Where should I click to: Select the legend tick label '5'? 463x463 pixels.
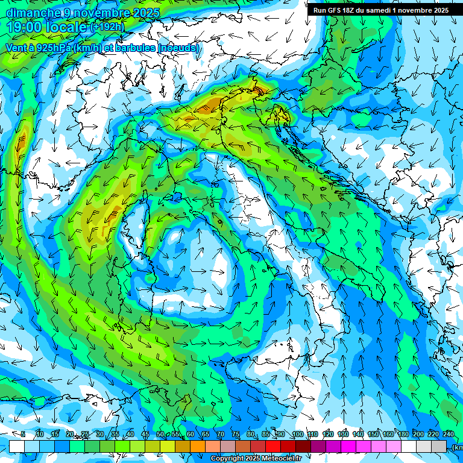[23, 434]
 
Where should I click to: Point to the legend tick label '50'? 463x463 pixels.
[160, 434]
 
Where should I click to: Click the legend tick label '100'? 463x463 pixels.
[297, 434]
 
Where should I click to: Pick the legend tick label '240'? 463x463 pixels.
[449, 434]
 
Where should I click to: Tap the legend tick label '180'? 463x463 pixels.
[403, 434]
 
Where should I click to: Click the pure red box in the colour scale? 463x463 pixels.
[274, 446]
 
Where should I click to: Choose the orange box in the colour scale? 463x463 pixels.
[183, 446]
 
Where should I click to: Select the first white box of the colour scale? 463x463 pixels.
[16, 446]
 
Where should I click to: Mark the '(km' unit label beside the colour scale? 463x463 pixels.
[458, 447]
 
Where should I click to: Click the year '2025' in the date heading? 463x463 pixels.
[143, 13]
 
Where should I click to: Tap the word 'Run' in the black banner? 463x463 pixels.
[320, 10]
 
